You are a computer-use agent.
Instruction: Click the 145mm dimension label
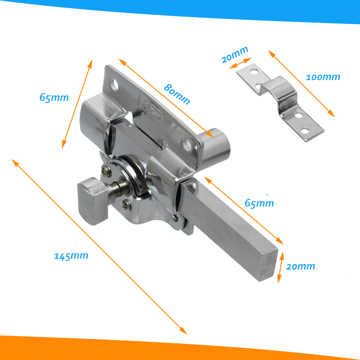pyautogui.click(x=71, y=256)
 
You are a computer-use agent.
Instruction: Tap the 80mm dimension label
pyautogui.click(x=177, y=94)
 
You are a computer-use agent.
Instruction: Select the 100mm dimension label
pyautogui.click(x=323, y=77)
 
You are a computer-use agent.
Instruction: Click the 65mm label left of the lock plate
pyautogui.click(x=54, y=97)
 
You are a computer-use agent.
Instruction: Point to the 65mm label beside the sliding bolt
pyautogui.click(x=259, y=203)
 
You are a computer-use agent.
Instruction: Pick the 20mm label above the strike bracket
pyautogui.click(x=235, y=54)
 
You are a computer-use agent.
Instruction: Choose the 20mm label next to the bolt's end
pyautogui.click(x=301, y=266)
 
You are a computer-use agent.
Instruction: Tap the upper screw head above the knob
pyautogui.click(x=106, y=171)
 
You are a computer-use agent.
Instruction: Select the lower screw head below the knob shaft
pyautogui.click(x=127, y=205)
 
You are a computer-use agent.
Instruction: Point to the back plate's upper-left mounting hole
pyautogui.click(x=114, y=84)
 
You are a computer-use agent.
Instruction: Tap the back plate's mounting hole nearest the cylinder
pyautogui.click(x=187, y=144)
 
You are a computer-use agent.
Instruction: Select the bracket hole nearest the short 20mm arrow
pyautogui.click(x=254, y=72)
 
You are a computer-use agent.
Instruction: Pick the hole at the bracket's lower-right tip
pyautogui.click(x=305, y=131)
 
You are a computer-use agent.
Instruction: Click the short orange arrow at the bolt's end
pyautogui.click(x=280, y=267)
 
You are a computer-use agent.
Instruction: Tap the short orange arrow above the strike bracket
pyautogui.click(x=240, y=63)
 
